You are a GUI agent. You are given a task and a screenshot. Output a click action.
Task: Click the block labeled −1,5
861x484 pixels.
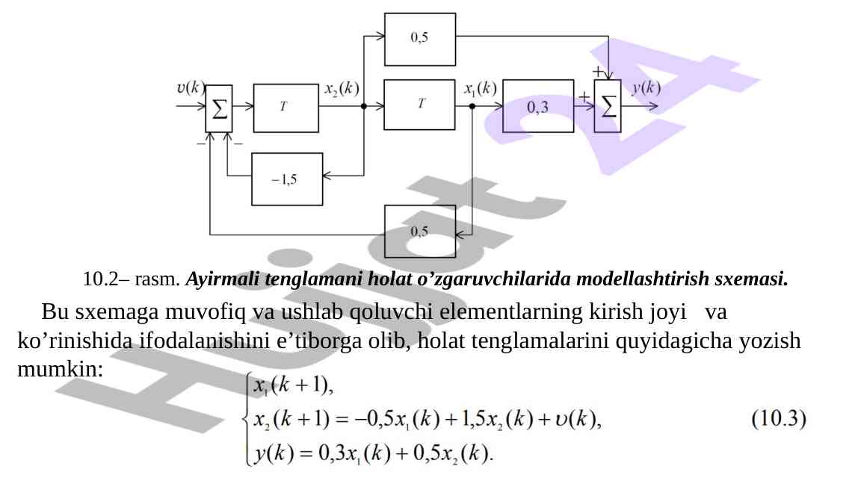(287, 179)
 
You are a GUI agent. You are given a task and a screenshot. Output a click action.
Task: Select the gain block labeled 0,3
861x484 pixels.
(538, 106)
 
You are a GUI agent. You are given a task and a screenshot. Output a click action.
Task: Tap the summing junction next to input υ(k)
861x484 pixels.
(219, 109)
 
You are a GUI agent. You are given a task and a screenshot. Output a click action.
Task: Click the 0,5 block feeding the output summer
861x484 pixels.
(419, 39)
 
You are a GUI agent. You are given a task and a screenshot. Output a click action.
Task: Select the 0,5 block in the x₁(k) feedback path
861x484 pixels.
(419, 231)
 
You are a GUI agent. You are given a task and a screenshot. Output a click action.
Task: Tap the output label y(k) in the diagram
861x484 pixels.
(646, 88)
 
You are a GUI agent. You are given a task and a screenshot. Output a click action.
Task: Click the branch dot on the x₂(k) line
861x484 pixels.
(364, 106)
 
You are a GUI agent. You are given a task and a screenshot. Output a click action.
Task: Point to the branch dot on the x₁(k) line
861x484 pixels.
(472, 106)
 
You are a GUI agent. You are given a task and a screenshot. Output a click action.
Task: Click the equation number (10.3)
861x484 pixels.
(778, 420)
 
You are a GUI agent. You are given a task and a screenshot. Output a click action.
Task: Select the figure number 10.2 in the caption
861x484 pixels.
(100, 280)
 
